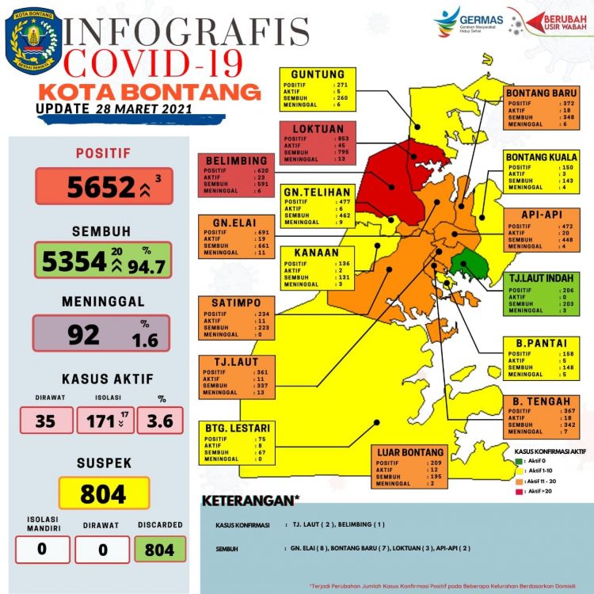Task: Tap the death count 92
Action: tap(83, 334)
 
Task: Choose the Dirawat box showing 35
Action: tap(45, 420)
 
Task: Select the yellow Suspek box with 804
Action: tap(103, 494)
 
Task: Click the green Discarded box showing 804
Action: tap(160, 549)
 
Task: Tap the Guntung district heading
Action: tap(318, 74)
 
